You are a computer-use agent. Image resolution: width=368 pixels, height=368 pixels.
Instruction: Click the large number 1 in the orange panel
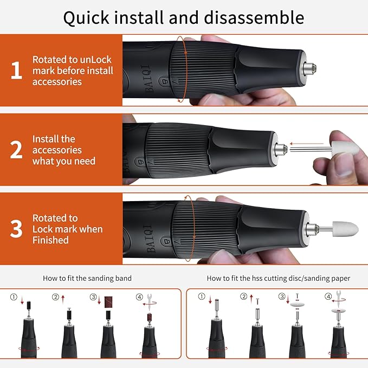pyautogui.click(x=17, y=71)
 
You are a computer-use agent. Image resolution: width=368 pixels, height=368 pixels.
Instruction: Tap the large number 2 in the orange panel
pyautogui.click(x=17, y=150)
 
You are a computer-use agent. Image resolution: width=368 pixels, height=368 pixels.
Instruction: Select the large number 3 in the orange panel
pyautogui.click(x=17, y=229)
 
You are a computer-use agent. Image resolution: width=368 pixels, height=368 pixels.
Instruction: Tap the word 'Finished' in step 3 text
pyautogui.click(x=50, y=240)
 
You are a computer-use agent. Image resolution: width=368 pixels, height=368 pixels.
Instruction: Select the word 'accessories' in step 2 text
pyautogui.click(x=57, y=150)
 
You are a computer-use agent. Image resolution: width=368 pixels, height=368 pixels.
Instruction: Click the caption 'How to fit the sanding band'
pyautogui.click(x=87, y=278)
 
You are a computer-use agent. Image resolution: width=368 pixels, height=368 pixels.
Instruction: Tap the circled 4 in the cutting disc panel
pyautogui.click(x=328, y=297)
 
